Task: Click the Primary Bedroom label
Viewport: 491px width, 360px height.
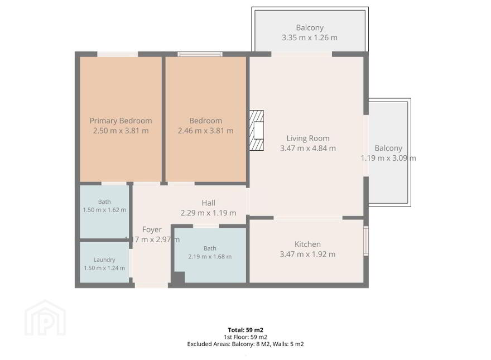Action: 121,121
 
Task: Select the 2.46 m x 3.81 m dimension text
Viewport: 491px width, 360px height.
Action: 206,131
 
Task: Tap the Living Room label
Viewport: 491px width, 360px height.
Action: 308,138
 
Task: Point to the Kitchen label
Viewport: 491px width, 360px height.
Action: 307,244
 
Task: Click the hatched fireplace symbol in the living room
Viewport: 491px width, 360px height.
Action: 257,131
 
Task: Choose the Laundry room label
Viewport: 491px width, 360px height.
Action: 104,260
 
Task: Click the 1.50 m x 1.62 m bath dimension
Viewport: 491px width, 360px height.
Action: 104,210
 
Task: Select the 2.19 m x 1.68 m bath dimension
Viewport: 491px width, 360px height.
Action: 210,257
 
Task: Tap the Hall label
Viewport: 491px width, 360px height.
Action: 208,203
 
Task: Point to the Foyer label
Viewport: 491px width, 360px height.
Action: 152,229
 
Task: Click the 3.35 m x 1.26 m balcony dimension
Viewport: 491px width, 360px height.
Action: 309,37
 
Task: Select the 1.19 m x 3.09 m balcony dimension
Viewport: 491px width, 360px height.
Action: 388,158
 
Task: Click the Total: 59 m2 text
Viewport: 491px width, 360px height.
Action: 245,330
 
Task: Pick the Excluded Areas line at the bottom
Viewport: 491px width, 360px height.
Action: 245,344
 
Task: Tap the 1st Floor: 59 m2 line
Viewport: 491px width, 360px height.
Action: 245,337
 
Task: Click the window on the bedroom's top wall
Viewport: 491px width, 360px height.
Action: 200,54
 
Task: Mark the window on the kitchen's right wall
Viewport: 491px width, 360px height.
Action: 366,241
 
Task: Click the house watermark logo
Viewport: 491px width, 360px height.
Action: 45,318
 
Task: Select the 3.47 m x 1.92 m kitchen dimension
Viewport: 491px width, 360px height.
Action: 307,254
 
